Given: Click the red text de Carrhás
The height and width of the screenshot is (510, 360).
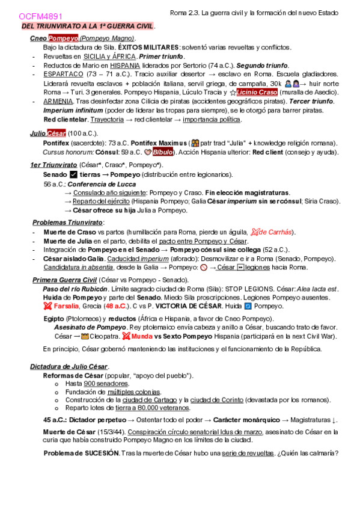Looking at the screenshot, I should point(275,232).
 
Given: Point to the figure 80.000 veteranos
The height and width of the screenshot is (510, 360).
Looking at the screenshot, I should point(147,407).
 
